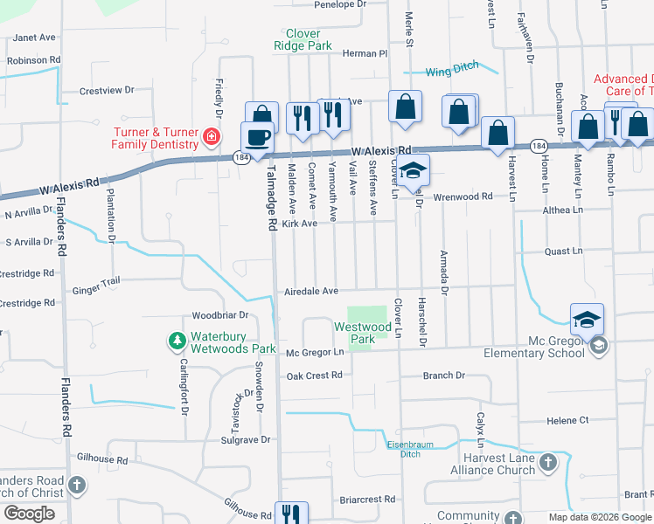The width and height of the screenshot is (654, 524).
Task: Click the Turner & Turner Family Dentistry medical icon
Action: click(x=211, y=136)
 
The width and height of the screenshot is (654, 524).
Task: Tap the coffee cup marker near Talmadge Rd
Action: click(x=257, y=138)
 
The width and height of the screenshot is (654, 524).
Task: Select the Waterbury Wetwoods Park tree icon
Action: click(x=177, y=339)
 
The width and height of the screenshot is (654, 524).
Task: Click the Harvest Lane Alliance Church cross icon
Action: click(x=547, y=462)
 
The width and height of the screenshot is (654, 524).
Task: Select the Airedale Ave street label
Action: click(x=310, y=292)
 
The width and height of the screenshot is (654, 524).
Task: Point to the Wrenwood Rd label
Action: click(x=463, y=197)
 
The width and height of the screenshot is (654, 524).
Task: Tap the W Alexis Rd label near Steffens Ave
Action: click(x=381, y=150)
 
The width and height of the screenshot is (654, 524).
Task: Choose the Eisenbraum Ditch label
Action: click(x=404, y=449)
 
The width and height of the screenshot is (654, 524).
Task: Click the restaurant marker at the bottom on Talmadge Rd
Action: click(x=289, y=514)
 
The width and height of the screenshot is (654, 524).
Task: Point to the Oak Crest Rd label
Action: click(x=314, y=376)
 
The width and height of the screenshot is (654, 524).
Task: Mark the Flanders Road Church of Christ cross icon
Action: click(x=77, y=484)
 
